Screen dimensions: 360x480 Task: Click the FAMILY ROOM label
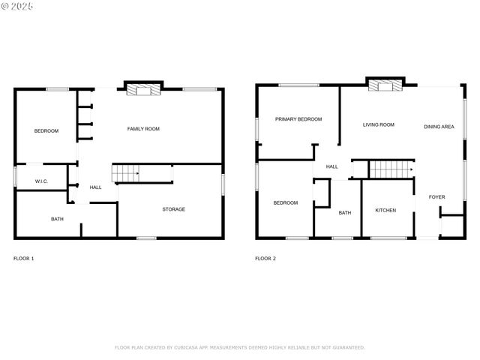[x=143, y=129]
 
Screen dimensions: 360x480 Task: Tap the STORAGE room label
[x=174, y=209]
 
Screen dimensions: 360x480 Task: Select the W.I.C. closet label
[x=42, y=181]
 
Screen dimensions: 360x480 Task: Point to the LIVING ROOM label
[x=379, y=124]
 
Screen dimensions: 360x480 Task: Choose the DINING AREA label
[x=439, y=127]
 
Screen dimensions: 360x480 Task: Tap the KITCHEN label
[x=385, y=210]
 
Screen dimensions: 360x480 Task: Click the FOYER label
[x=436, y=197]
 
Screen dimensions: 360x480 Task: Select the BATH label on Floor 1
[x=57, y=219]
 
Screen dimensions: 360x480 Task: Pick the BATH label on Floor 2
[x=344, y=213]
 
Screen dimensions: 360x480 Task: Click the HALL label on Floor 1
[x=96, y=187]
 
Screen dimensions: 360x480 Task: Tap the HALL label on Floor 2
[x=331, y=166]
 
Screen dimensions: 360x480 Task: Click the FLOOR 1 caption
[x=24, y=259]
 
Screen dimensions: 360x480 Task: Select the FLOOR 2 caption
[x=265, y=259]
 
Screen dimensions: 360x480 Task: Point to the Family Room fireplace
[x=142, y=89]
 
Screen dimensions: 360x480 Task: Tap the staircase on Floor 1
[x=127, y=174]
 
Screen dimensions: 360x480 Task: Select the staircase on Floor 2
[x=391, y=170]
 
